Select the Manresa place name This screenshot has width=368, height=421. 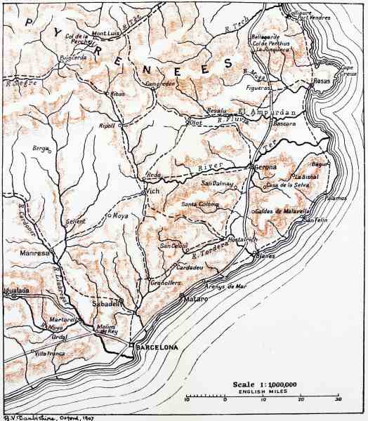point(34,253)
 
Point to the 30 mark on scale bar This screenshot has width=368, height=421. point(338,399)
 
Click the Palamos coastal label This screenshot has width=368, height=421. point(335,198)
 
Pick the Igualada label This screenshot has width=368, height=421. point(14,288)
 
